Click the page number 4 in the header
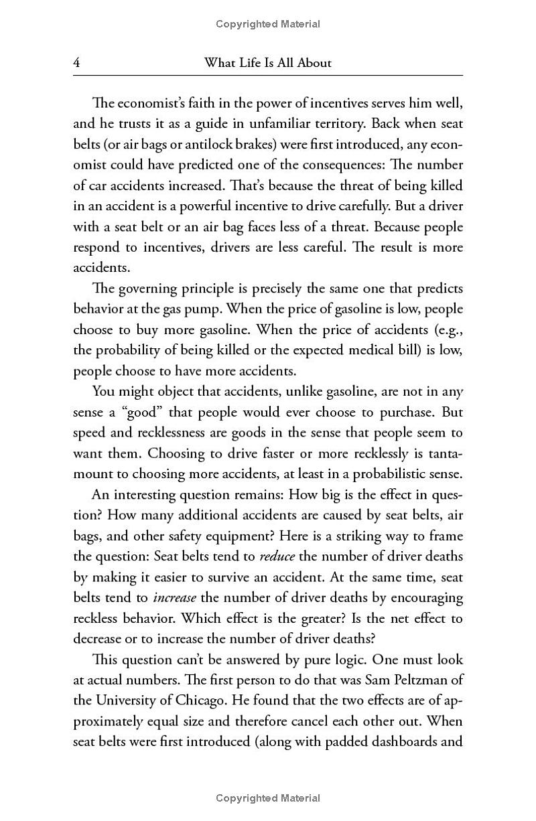pos(77,63)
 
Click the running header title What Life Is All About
pos(267,63)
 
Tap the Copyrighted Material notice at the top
pos(268,24)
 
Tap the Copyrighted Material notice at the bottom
pos(268,798)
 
